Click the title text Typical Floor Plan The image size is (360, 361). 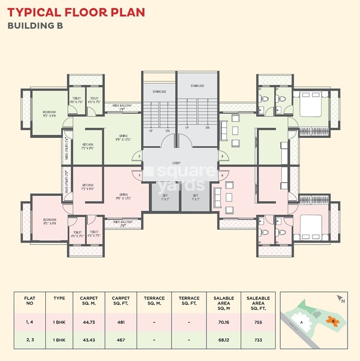tap(76, 11)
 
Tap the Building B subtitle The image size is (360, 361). tap(35, 25)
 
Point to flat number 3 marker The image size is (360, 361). tap(221, 156)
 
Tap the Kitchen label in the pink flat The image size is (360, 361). tap(87, 186)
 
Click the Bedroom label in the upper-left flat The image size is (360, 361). tap(49, 113)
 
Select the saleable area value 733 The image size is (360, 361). tap(258, 340)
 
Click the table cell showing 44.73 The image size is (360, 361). tap(89, 322)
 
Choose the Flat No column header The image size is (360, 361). tap(30, 301)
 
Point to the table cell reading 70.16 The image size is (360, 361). tap(223, 322)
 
